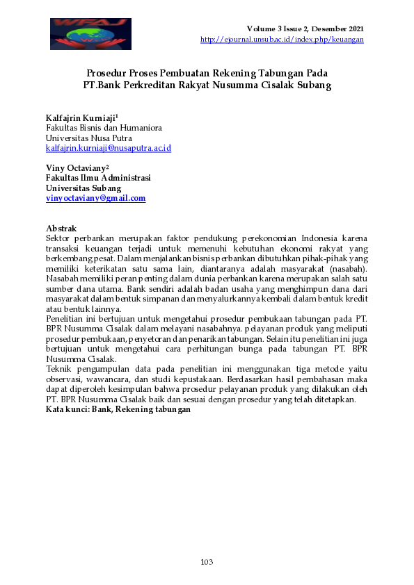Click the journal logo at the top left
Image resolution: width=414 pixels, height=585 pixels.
coord(90,33)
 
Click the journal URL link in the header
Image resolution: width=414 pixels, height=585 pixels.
coord(282,39)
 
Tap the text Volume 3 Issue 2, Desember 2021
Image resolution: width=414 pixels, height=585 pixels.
coord(305,28)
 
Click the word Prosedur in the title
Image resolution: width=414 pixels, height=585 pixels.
coord(108,72)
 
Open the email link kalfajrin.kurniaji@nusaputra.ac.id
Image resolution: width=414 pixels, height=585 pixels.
coord(108,148)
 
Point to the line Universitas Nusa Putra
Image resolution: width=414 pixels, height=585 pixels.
coord(88,138)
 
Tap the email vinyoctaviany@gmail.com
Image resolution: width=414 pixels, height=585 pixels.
coord(95,198)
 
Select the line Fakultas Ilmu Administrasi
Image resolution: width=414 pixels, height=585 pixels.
coord(98,178)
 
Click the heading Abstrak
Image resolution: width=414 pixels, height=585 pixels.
coord(61,229)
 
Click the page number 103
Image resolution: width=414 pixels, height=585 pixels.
coord(207,561)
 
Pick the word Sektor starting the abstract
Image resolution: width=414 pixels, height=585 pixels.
coord(58,238)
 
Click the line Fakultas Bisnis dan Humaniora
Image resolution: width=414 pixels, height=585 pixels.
coord(104,128)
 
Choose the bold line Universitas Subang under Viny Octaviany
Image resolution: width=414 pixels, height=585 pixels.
coord(83,188)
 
